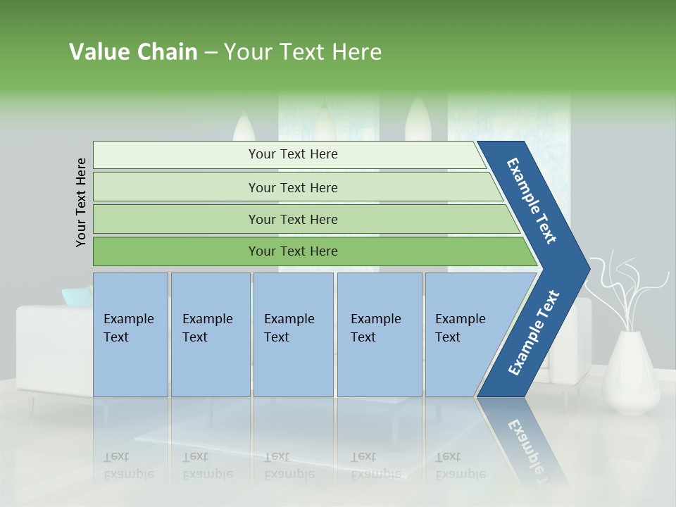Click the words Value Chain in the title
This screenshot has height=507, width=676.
point(133,52)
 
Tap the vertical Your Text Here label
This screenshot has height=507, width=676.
point(82,202)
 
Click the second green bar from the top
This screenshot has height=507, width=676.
point(293,187)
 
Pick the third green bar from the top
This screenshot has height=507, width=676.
point(293,219)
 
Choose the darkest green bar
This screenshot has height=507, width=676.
point(293,251)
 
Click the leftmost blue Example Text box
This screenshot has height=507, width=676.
point(130,334)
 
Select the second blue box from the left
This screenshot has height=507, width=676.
point(210,334)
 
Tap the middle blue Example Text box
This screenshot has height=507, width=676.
point(293,334)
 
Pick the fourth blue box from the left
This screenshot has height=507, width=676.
point(379,334)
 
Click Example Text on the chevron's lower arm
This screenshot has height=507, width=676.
point(533,333)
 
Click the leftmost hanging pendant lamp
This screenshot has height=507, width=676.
point(244,130)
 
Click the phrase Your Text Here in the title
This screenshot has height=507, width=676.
point(303,52)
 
